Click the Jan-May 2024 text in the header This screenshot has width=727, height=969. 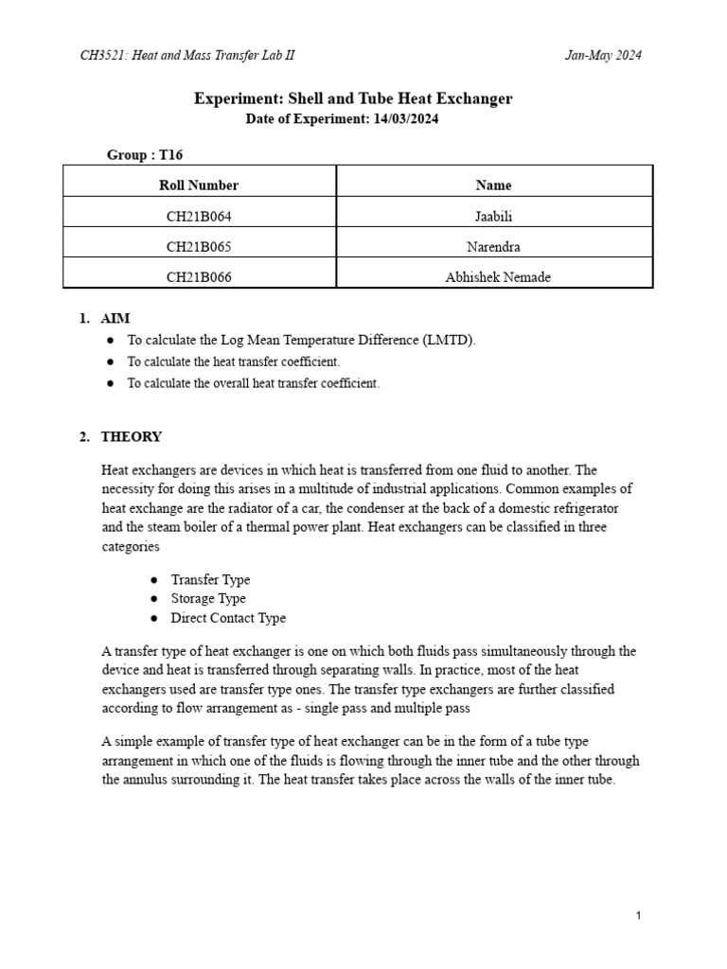(x=603, y=55)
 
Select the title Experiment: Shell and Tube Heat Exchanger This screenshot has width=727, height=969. (x=353, y=98)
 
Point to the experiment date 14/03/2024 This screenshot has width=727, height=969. (x=405, y=119)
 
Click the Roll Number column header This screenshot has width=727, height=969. (x=199, y=185)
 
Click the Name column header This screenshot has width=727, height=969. (x=493, y=185)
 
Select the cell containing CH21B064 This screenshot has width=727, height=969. (x=199, y=217)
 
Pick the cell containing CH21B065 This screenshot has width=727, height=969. (x=199, y=247)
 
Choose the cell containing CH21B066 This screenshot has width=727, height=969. (x=199, y=277)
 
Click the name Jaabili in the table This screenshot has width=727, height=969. (x=493, y=217)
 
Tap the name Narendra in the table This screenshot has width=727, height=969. (x=493, y=247)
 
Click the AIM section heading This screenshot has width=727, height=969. (x=115, y=319)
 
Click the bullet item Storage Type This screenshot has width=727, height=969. (x=208, y=598)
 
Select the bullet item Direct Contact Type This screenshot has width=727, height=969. (x=228, y=618)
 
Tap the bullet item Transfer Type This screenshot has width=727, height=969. (x=210, y=579)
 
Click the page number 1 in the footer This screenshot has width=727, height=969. (x=640, y=915)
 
